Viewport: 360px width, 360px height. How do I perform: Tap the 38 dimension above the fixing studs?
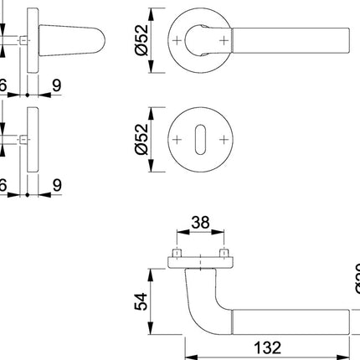[x=200, y=223]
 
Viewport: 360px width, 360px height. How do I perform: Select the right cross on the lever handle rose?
[x=223, y=39]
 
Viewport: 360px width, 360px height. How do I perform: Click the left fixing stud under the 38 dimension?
[x=177, y=252]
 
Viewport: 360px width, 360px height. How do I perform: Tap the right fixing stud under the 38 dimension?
[x=224, y=252]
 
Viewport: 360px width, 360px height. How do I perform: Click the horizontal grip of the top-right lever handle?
[x=285, y=39]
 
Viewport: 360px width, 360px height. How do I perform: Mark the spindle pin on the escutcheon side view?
[x=21, y=138]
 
